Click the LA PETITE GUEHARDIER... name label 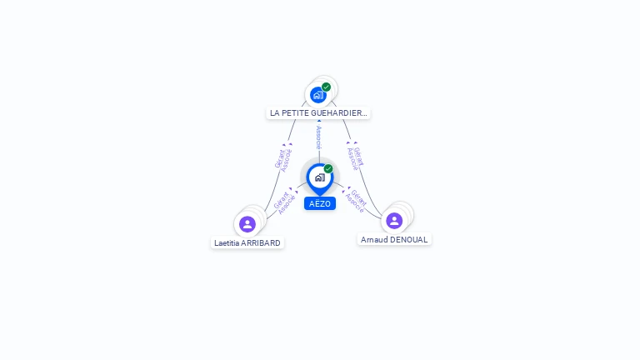[x=317, y=112]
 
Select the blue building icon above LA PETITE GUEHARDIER [x=317, y=95]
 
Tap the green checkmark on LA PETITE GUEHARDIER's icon [x=327, y=87]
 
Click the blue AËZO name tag [x=319, y=203]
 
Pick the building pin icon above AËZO [x=319, y=177]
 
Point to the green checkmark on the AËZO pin [x=328, y=169]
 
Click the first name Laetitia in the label [x=227, y=243]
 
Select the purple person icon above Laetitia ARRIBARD [x=247, y=223]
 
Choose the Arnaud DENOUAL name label [x=394, y=239]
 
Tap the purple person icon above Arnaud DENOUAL [x=394, y=220]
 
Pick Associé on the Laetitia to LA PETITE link [x=287, y=160]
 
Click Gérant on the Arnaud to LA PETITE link [x=358, y=156]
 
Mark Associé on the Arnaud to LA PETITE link [x=351, y=159]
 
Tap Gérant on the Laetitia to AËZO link [x=281, y=199]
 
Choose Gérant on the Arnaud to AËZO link [x=359, y=197]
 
